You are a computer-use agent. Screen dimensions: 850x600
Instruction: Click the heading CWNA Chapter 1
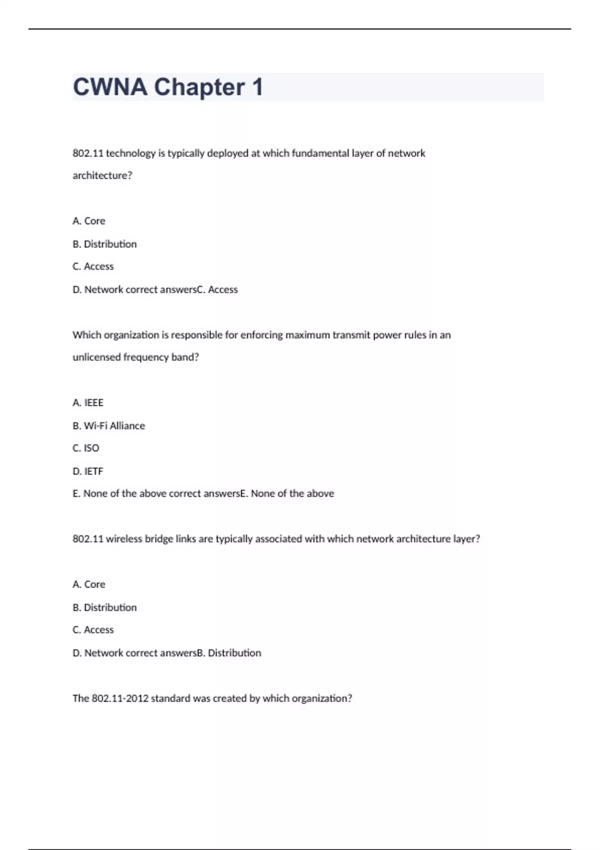pos(167,87)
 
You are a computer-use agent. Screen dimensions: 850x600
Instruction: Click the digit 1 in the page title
pos(257,87)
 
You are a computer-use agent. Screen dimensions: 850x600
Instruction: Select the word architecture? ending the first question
pos(102,175)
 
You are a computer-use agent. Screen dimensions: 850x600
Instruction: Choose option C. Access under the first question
pos(93,266)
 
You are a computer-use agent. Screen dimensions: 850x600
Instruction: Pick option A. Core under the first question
pos(89,221)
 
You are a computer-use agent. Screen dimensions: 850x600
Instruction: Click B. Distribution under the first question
pos(104,244)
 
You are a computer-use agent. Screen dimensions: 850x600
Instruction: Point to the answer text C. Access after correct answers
pos(217,289)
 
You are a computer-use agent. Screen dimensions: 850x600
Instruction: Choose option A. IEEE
pos(88,402)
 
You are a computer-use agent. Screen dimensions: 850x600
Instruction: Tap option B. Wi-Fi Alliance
pos(109,425)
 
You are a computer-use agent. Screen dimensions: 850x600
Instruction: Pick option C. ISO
pos(86,448)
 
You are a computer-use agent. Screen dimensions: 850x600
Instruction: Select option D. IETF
pos(88,471)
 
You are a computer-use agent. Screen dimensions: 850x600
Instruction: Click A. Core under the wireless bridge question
pos(89,584)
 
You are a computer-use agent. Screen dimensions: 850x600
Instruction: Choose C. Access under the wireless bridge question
pos(93,630)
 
